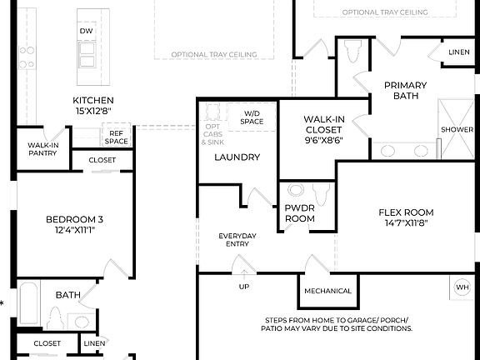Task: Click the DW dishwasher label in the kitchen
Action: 86,31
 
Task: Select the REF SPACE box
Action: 117,136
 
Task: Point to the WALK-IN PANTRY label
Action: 42,149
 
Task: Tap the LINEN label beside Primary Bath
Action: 459,52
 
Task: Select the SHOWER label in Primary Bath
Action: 457,130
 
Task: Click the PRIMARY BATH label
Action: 405,90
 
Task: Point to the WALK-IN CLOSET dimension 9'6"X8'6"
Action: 323,141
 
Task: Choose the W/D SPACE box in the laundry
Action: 252,117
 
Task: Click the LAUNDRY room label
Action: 237,157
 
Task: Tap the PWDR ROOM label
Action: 300,212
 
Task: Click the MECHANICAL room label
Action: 327,291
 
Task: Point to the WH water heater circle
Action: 462,287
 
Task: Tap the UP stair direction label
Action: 244,287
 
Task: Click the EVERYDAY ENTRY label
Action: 237,240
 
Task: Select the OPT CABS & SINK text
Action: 212,134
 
